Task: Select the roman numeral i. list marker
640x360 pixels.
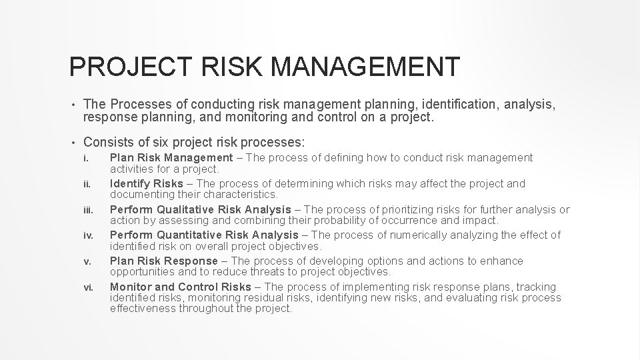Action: click(x=85, y=159)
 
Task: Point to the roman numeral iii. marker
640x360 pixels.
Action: click(x=87, y=209)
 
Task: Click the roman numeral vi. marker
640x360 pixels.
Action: click(x=87, y=287)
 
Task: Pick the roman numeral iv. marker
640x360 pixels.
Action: click(x=87, y=235)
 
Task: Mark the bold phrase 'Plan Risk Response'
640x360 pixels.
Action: click(x=163, y=261)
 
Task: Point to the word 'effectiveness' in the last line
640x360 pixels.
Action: click(x=145, y=309)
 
